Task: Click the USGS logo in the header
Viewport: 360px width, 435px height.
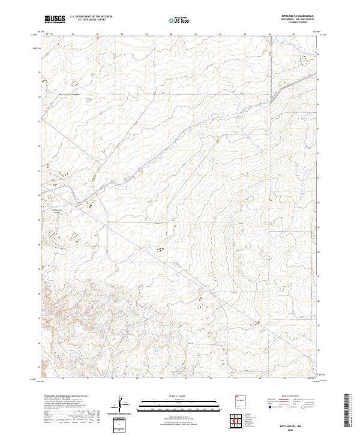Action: point(55,19)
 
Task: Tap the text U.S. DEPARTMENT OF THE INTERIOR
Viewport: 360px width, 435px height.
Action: point(91,17)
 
